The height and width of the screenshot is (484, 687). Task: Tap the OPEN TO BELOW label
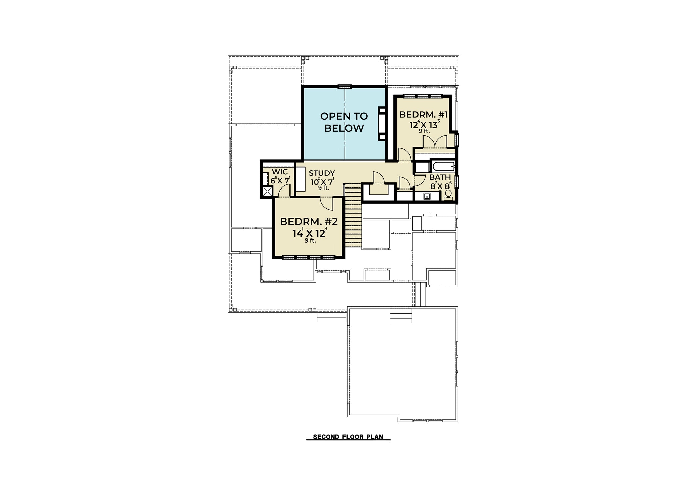pyautogui.click(x=344, y=122)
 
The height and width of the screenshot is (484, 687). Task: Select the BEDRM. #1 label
pyautogui.click(x=424, y=115)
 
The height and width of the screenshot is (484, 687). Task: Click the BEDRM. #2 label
pyautogui.click(x=309, y=222)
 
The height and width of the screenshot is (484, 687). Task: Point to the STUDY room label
pyautogui.click(x=322, y=173)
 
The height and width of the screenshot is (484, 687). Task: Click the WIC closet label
pyautogui.click(x=280, y=172)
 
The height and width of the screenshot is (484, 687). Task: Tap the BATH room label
pyautogui.click(x=440, y=177)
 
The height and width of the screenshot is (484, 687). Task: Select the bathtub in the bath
pyautogui.click(x=442, y=166)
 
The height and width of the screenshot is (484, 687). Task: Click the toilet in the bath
pyautogui.click(x=448, y=195)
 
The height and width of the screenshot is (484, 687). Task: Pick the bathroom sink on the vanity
pyautogui.click(x=427, y=196)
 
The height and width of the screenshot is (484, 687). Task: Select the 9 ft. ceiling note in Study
pyautogui.click(x=324, y=188)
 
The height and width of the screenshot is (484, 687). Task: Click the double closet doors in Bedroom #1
pyautogui.click(x=435, y=141)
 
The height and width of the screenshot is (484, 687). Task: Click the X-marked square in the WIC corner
pyautogui.click(x=267, y=192)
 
